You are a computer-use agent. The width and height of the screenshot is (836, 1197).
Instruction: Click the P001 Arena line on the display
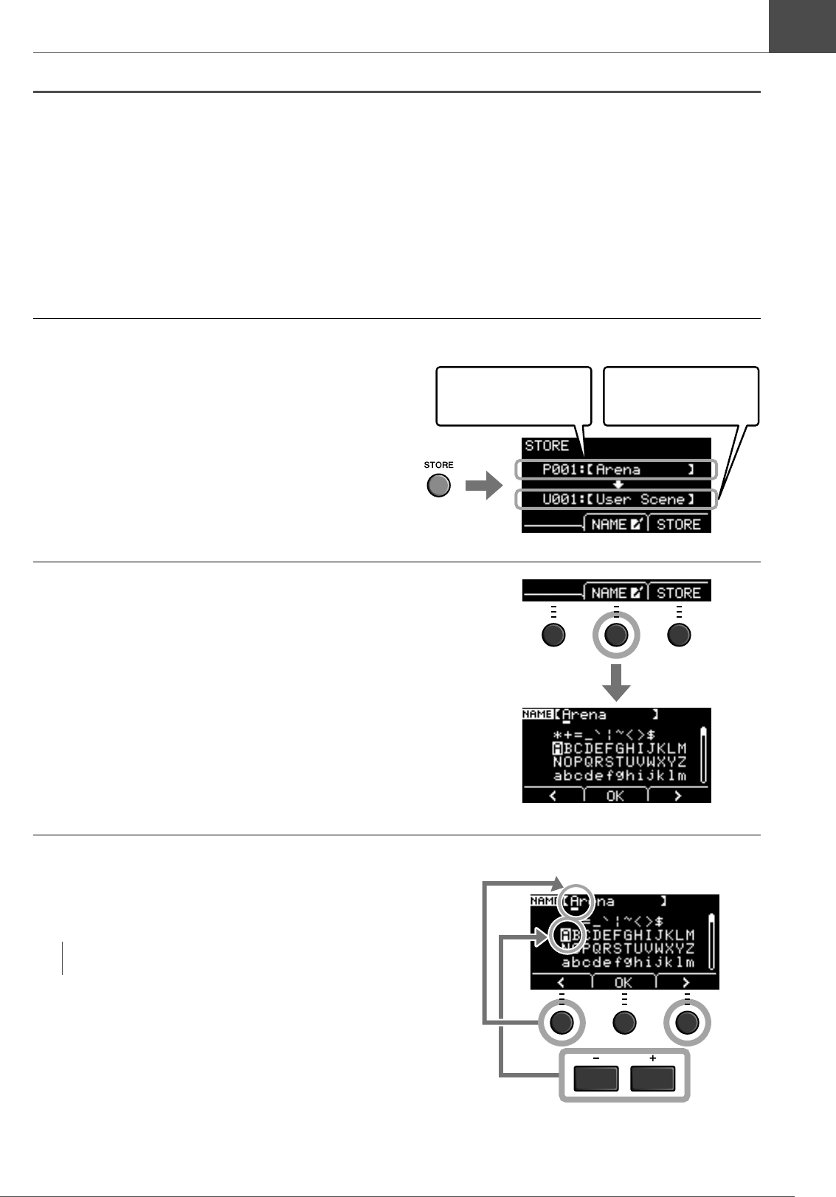coord(616,469)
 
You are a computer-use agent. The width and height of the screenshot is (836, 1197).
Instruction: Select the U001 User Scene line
coord(616,500)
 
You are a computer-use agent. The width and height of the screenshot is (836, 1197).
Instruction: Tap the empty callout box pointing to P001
coord(514,396)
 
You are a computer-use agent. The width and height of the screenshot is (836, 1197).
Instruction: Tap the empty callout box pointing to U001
coord(680,396)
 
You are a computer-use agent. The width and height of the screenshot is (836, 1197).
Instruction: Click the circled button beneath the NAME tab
coord(616,635)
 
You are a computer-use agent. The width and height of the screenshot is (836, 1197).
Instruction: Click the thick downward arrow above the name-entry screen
coord(616,683)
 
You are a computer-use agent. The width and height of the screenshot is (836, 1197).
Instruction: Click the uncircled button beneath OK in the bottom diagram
coord(624,1022)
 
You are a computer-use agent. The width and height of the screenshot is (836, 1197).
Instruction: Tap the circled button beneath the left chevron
coord(562,1022)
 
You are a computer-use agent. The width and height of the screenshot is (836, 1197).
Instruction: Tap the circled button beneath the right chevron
coord(687,1022)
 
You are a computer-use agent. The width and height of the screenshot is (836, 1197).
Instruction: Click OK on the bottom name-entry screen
coord(623,982)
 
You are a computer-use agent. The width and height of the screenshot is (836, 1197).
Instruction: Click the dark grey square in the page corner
coord(802,26)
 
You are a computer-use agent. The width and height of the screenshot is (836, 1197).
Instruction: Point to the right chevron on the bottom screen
coord(686,982)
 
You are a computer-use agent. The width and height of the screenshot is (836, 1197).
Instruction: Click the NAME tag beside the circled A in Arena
coord(544,901)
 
